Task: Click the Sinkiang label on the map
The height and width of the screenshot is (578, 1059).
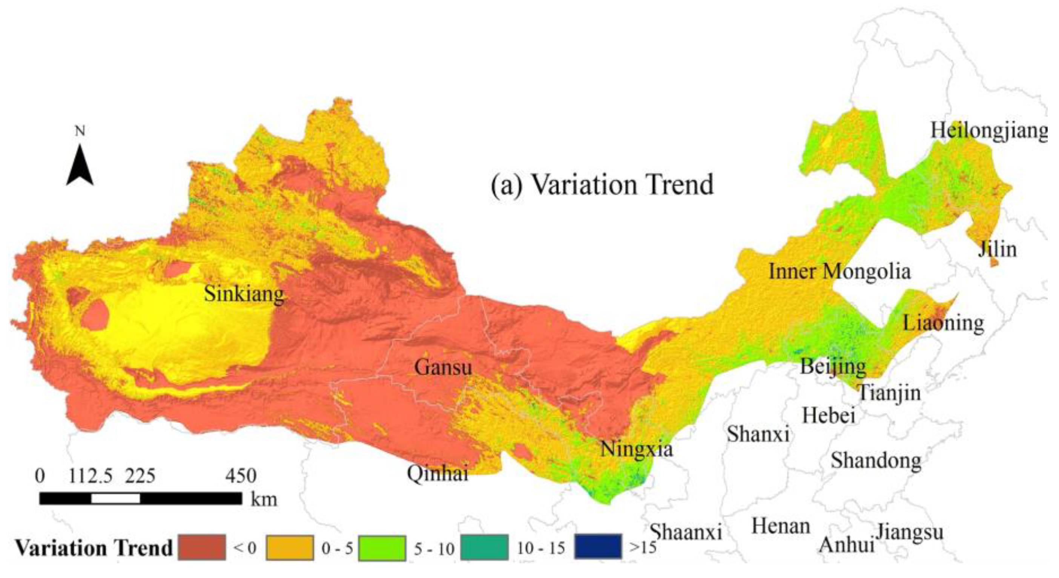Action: coord(244,294)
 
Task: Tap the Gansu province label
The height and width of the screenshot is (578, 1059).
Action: coord(443,367)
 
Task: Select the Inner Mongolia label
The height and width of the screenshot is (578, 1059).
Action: coord(840,271)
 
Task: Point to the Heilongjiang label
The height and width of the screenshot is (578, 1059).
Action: coord(988,131)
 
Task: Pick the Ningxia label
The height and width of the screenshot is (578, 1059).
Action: coord(636,449)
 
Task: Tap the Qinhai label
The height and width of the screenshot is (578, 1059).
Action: coord(437,474)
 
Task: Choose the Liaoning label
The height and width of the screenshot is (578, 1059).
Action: coord(943,323)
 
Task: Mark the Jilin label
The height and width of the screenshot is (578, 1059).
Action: coord(997,249)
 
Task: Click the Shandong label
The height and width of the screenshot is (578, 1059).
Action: coord(876,460)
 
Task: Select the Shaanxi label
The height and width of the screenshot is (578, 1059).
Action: coord(686,532)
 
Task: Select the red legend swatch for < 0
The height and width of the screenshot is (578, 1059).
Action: coord(201,547)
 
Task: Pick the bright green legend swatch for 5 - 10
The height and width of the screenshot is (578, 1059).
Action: coord(382,547)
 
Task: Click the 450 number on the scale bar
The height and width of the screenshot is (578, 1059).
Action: coord(241,476)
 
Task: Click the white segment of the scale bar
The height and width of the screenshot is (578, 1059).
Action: coord(115,499)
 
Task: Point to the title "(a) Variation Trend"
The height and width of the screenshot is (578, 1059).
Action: coord(602,185)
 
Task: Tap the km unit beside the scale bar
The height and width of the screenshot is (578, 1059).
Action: coord(264,499)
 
